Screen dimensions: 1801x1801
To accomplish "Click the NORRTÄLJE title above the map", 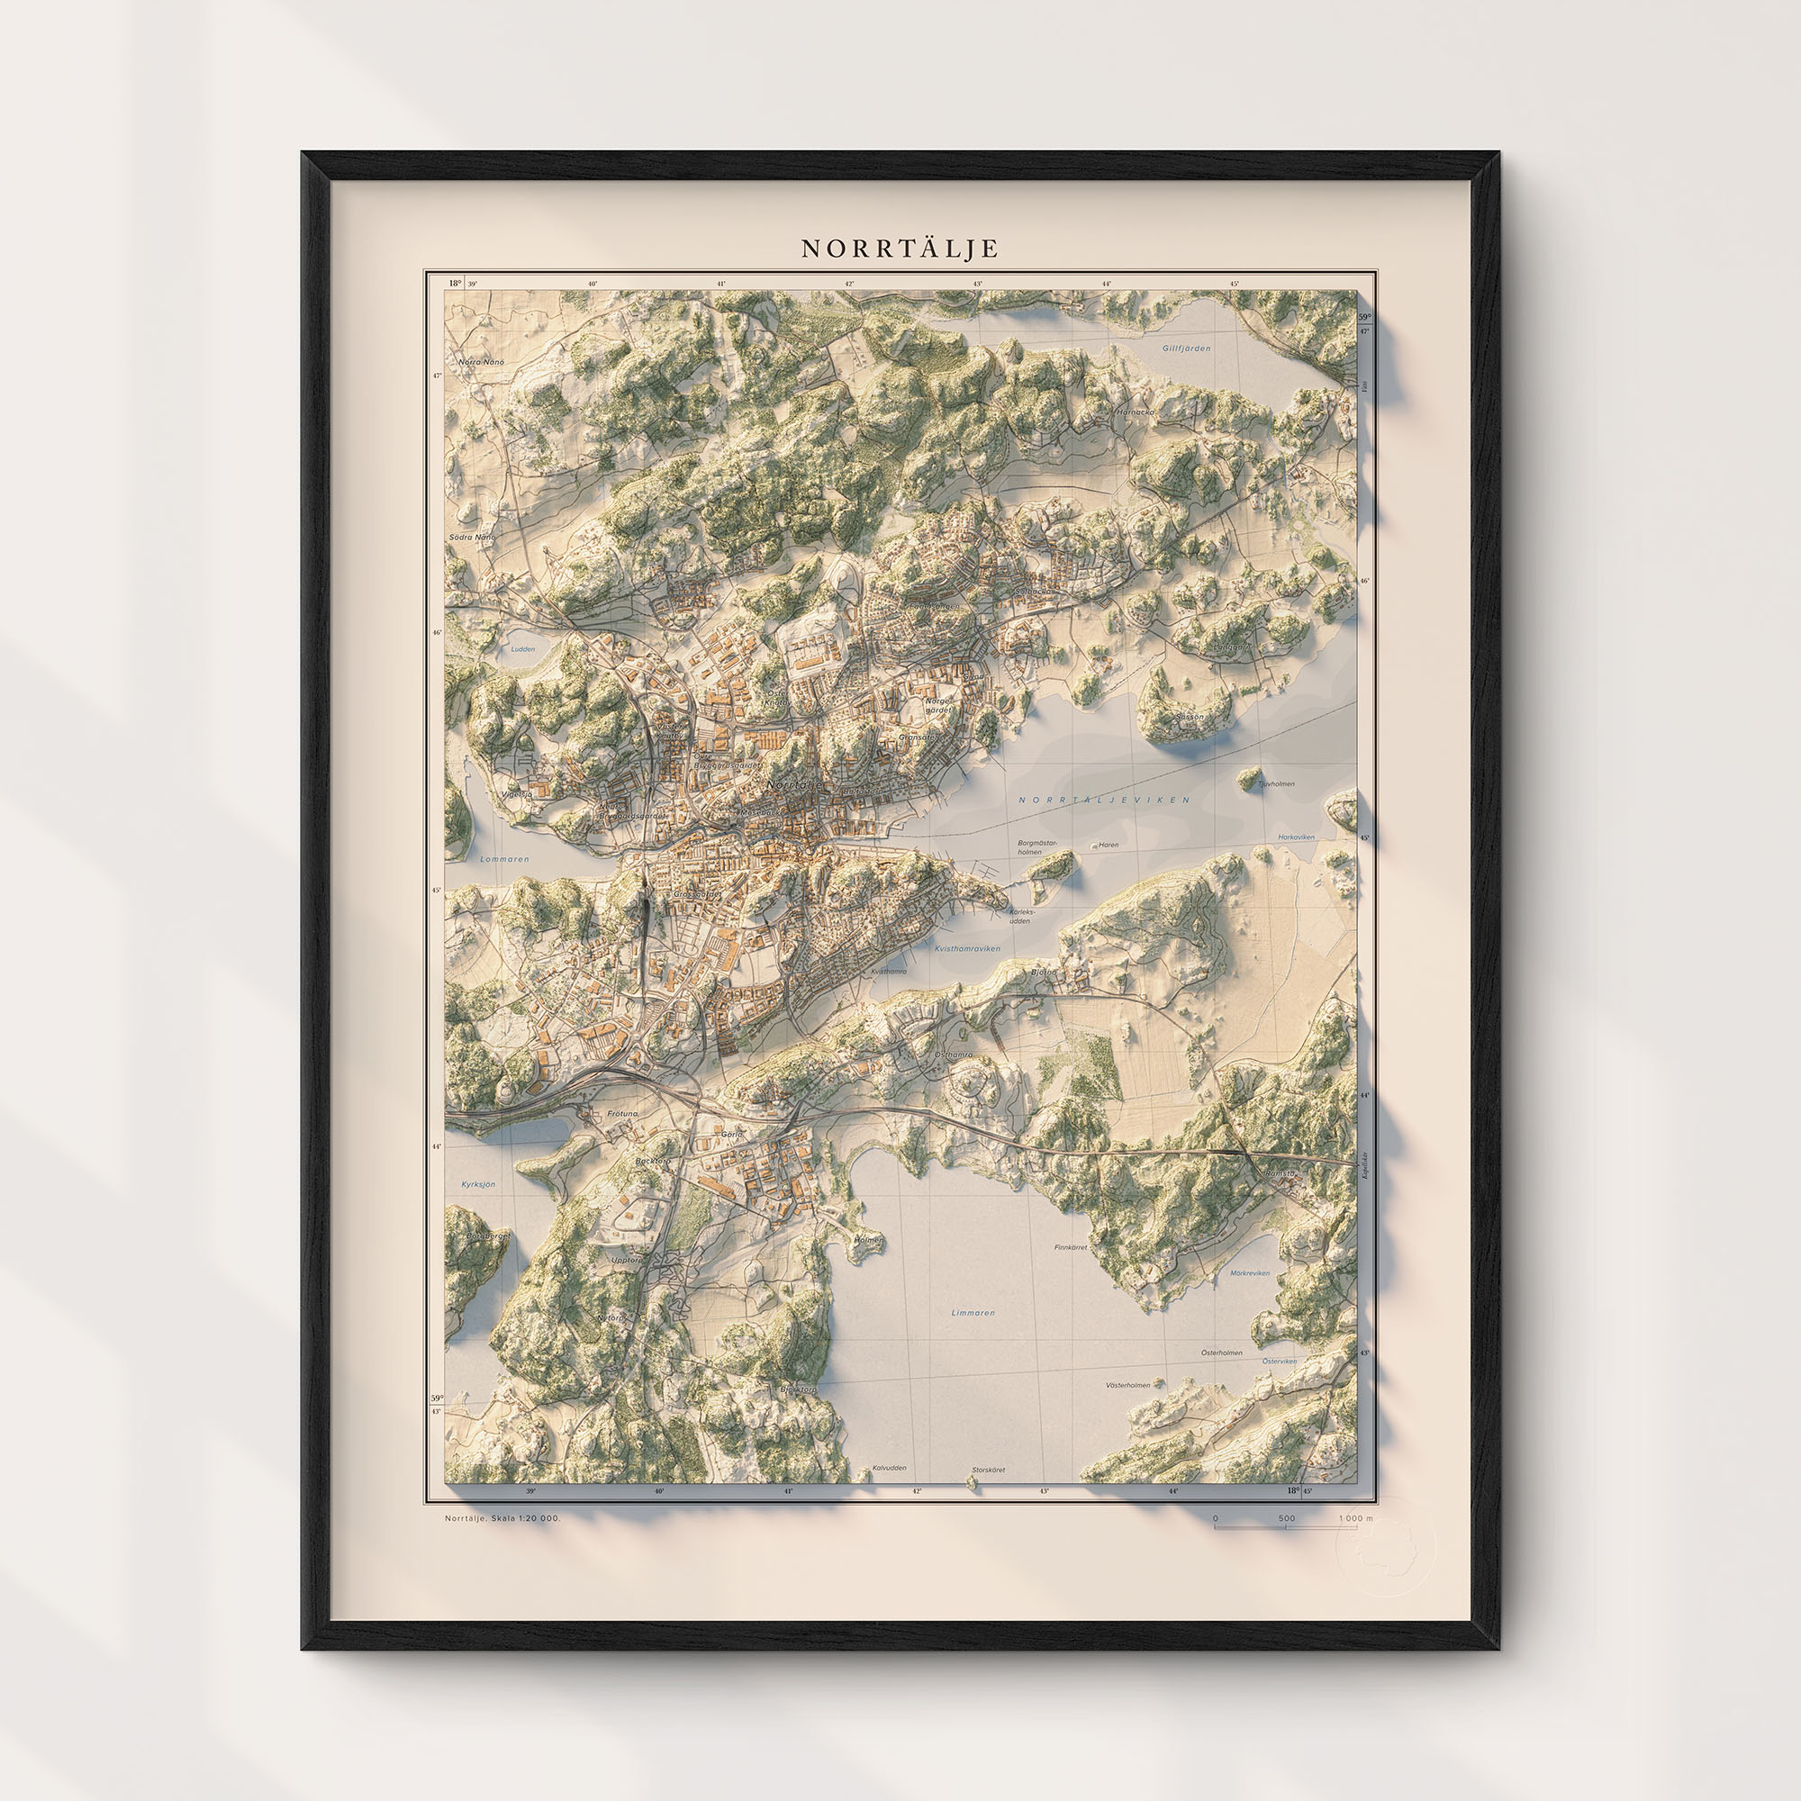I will pyautogui.click(x=900, y=249).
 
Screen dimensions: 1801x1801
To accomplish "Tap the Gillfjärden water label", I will pyautogui.click(x=1186, y=348).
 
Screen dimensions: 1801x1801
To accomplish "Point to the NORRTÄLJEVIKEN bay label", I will pyautogui.click(x=1104, y=800).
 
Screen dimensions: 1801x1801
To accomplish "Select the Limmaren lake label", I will pyautogui.click(x=973, y=1313).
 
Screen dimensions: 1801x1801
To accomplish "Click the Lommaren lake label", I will pyautogui.click(x=504, y=859).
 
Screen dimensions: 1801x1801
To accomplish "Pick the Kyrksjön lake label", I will pyautogui.click(x=478, y=1184).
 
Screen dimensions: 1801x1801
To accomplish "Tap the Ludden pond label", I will pyautogui.click(x=523, y=648).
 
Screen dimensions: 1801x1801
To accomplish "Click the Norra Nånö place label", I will pyautogui.click(x=481, y=362).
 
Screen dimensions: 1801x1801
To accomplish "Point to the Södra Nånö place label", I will pyautogui.click(x=472, y=538).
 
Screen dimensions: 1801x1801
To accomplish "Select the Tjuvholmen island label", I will pyautogui.click(x=1276, y=784).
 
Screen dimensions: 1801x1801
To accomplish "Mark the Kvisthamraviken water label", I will pyautogui.click(x=966, y=949).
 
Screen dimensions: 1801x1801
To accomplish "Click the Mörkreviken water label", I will pyautogui.click(x=1249, y=1272).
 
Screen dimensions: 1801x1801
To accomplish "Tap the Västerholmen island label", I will pyautogui.click(x=1127, y=1385).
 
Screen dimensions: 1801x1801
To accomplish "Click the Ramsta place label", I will pyautogui.click(x=1281, y=1173).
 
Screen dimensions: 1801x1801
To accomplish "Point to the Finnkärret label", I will pyautogui.click(x=1070, y=1247).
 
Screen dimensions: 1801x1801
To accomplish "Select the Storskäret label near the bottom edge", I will pyautogui.click(x=988, y=1471).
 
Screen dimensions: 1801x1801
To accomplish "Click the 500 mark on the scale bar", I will pyautogui.click(x=1287, y=1518).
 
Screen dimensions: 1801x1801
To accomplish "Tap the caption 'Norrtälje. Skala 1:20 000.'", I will pyautogui.click(x=502, y=1518).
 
